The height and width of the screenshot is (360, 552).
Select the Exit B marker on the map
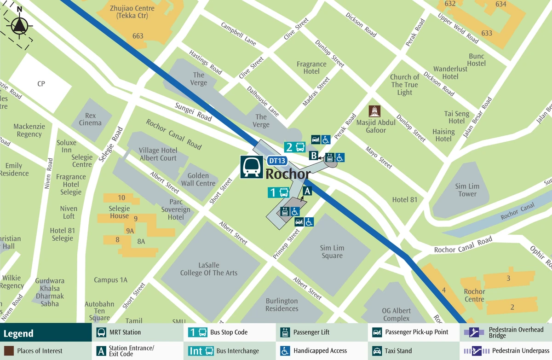[x=314, y=156]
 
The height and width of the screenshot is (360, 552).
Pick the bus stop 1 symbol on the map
[x=278, y=192]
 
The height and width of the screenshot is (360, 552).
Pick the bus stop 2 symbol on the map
[x=295, y=147]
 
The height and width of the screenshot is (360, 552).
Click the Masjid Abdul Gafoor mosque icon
[x=375, y=111]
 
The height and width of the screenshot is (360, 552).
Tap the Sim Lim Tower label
[x=467, y=190]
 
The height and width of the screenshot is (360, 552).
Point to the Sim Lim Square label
[x=332, y=252]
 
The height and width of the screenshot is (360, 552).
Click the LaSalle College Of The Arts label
[x=209, y=269]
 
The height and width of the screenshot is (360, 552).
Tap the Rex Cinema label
[x=90, y=119]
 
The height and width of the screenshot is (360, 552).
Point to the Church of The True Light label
[x=404, y=85]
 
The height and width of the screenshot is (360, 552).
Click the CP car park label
[x=41, y=84]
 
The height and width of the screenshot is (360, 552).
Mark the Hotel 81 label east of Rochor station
[x=404, y=199]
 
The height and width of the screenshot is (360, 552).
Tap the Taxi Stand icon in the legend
[x=377, y=351]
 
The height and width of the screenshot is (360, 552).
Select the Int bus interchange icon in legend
[x=201, y=351]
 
